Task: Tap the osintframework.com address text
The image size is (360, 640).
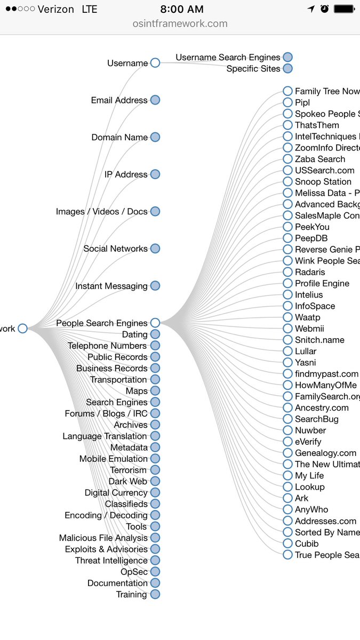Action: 180,23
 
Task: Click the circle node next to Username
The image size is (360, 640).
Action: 155,63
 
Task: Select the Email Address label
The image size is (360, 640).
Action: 119,100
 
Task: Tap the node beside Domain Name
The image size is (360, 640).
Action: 155,137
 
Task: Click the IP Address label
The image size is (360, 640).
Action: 126,174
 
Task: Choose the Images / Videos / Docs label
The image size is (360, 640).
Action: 101,212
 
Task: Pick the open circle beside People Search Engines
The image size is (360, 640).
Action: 155,323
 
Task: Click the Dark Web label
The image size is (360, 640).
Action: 127,481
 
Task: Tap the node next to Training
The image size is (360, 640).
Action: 155,594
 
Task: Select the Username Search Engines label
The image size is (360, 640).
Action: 228,57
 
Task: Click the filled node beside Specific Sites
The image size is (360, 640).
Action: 288,68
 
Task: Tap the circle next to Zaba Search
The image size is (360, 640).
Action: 288,159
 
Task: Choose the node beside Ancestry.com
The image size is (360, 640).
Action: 288,407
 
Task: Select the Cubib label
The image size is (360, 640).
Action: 307,543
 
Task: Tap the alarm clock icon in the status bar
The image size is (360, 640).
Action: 325,9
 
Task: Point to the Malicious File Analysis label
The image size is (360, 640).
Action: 103,538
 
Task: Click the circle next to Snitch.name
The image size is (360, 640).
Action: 288,340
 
